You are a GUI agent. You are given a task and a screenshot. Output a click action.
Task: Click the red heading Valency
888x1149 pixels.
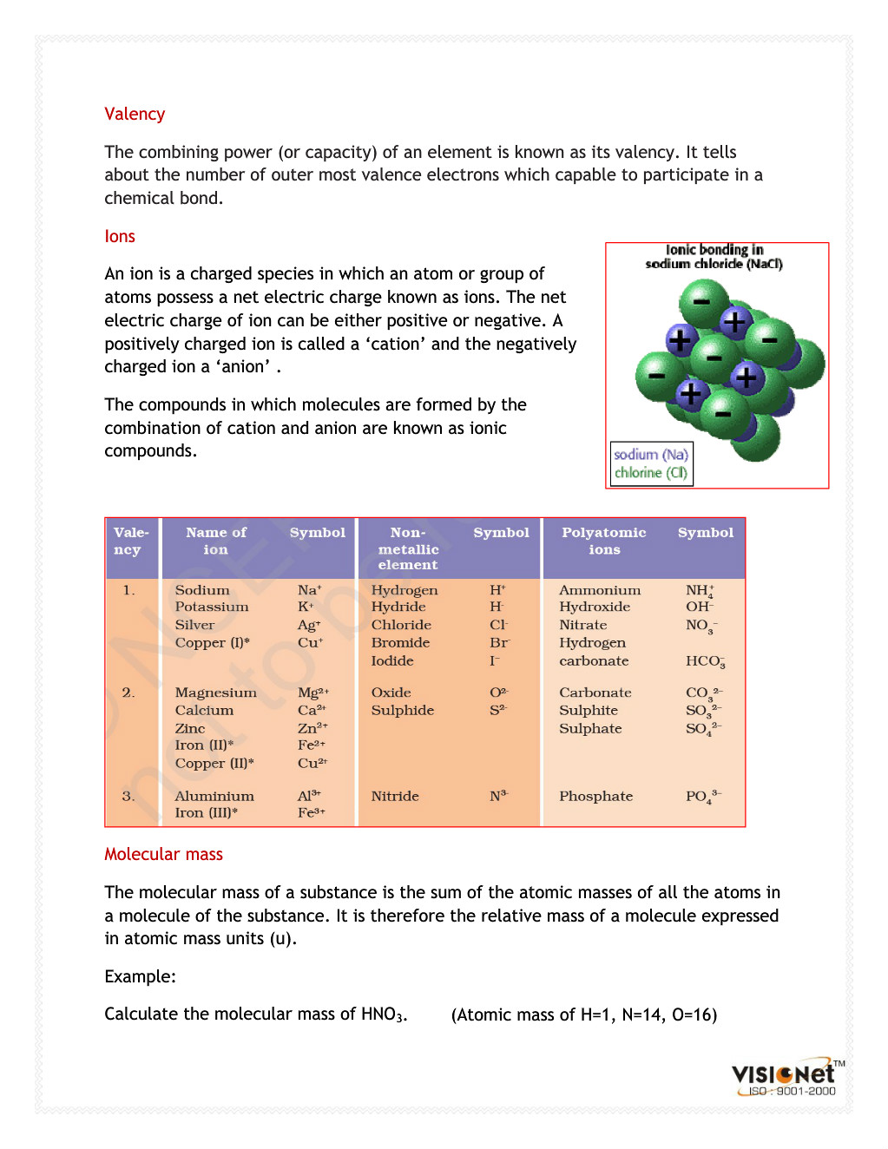tap(135, 115)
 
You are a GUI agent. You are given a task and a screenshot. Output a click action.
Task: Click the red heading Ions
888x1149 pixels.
tap(120, 237)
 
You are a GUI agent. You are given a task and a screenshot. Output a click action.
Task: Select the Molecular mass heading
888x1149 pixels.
tap(163, 855)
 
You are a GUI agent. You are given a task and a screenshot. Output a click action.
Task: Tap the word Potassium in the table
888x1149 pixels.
tap(212, 607)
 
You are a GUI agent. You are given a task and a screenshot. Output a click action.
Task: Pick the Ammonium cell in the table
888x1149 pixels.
tap(600, 591)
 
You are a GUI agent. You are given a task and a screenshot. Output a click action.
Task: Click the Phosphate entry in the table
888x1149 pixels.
tap(596, 797)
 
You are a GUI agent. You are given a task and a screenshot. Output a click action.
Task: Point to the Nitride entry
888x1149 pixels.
tap(395, 797)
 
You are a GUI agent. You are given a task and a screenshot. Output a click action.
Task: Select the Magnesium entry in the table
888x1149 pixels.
tap(216, 693)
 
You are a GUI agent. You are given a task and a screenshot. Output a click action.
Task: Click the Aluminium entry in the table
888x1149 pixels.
tap(214, 797)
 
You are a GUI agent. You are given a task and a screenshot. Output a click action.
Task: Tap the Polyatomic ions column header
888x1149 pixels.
tap(604, 541)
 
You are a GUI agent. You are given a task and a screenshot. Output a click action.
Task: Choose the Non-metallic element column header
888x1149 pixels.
tap(408, 548)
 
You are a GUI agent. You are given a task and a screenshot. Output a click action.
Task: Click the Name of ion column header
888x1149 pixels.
tap(216, 541)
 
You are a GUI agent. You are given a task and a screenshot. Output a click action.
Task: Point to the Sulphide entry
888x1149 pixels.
tap(403, 711)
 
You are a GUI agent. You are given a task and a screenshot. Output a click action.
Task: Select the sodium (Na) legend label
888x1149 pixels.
tap(651, 455)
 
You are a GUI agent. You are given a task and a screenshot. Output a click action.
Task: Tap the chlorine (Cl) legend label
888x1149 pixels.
tap(651, 473)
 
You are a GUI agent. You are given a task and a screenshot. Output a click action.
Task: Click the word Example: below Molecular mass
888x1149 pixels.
tap(140, 977)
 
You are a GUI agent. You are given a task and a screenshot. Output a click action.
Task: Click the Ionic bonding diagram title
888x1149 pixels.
tap(714, 257)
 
